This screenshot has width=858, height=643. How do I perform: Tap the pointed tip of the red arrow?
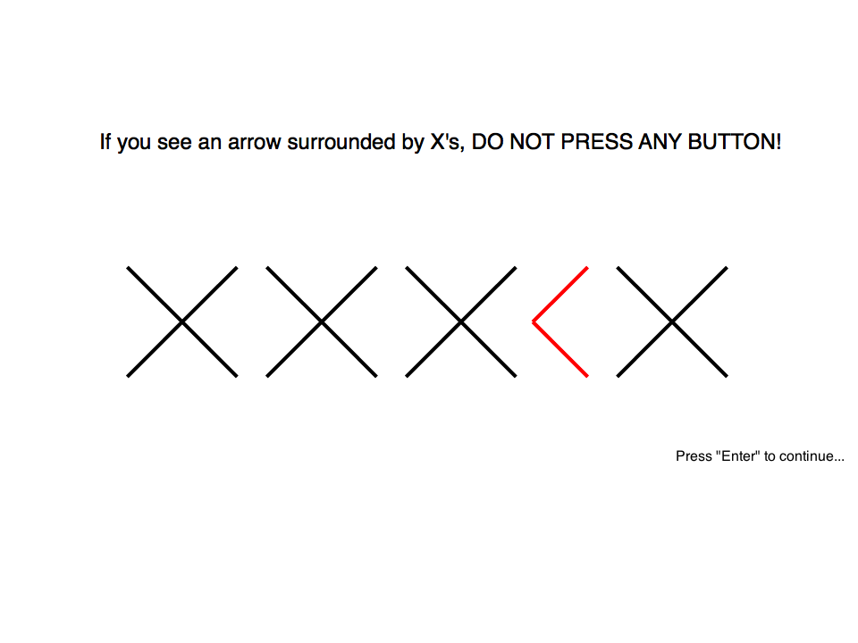[533, 322]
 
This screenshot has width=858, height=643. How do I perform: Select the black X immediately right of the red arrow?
[672, 322]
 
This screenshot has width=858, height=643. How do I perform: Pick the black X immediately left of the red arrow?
[461, 322]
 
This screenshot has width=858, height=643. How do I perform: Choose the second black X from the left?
[322, 322]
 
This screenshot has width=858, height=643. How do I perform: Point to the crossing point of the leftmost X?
[182, 322]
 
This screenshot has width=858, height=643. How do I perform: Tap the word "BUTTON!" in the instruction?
[735, 142]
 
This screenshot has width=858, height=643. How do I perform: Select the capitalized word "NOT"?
[533, 142]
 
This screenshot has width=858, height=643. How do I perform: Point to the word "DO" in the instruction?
[488, 142]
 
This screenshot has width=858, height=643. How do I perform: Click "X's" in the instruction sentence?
[447, 142]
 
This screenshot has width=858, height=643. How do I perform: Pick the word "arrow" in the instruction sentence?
[255, 143]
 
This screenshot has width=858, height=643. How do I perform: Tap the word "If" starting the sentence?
[105, 142]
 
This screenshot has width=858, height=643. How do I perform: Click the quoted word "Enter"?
[737, 455]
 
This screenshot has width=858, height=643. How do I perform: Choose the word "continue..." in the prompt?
[812, 456]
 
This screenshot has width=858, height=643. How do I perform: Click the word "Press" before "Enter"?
[694, 456]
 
